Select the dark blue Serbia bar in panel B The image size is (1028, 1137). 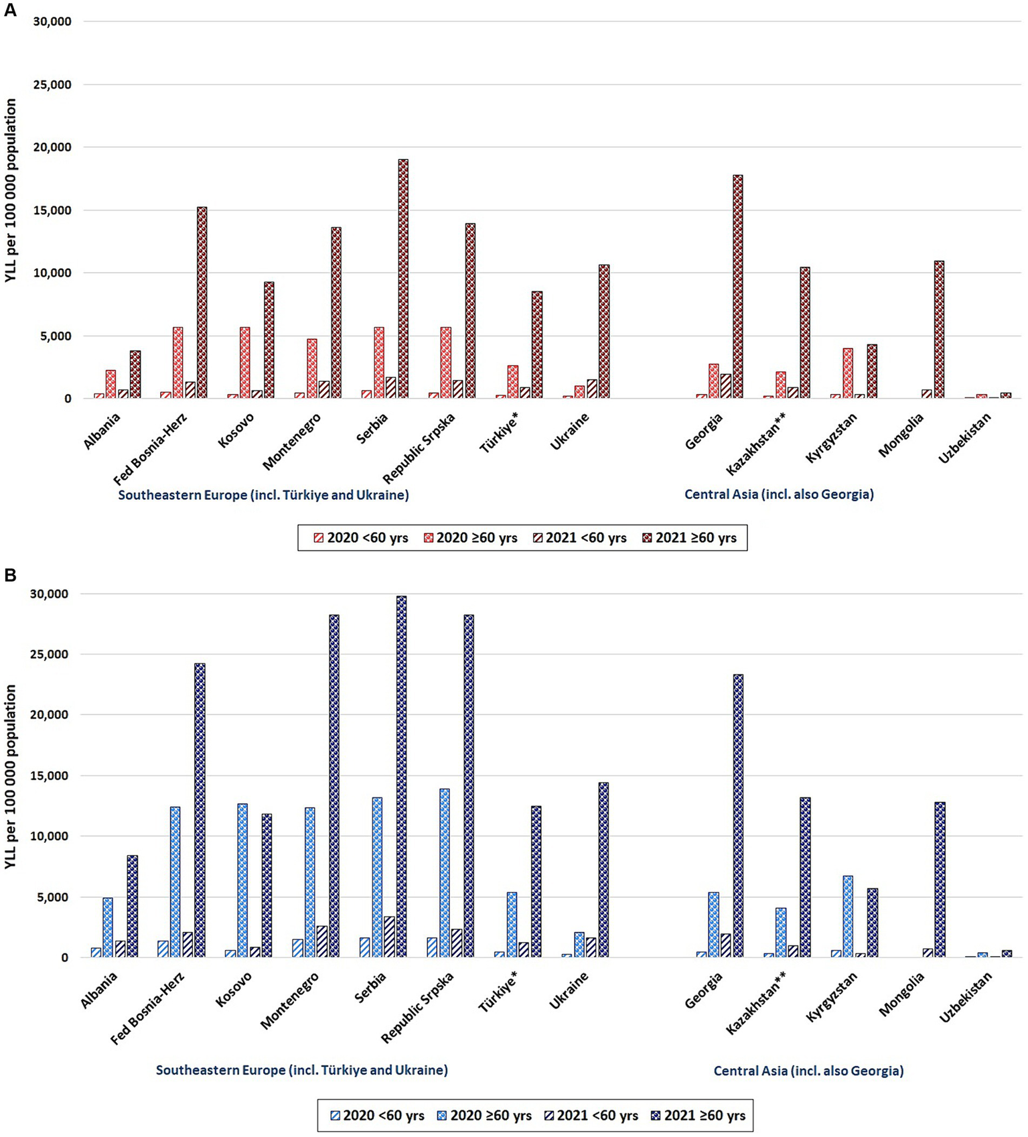401,777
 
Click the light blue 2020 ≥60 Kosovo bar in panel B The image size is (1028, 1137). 242,880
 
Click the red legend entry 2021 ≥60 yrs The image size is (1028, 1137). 690,538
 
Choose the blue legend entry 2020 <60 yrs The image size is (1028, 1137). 378,1116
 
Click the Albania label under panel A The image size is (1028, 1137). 102,431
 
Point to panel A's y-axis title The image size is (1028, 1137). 11,191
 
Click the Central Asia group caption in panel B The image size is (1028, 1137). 808,1071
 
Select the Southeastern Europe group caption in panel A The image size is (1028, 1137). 263,495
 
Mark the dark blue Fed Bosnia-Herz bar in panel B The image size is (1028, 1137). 200,810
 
